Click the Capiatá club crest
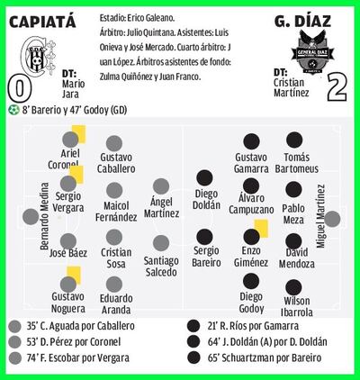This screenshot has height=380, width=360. click(x=38, y=57)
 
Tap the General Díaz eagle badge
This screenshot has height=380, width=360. click(x=312, y=51)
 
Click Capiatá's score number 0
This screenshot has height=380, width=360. click(x=20, y=89)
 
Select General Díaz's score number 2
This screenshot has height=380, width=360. click(x=337, y=86)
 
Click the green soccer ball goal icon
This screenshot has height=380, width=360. click(x=13, y=110)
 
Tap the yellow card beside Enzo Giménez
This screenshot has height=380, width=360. click(x=261, y=229)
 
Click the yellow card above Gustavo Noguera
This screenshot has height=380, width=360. click(x=74, y=275)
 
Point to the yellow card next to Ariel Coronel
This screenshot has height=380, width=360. click(x=79, y=134)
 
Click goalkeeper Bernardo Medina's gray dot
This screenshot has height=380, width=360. click(x=31, y=217)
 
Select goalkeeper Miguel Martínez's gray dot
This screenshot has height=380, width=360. click(x=332, y=219)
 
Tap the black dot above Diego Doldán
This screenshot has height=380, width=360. click(x=204, y=177)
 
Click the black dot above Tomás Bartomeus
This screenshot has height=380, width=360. click(x=294, y=140)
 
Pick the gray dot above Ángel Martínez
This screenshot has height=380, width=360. click(x=161, y=186)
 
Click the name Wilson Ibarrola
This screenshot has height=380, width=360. click(x=297, y=306)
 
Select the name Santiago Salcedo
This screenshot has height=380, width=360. click(x=161, y=267)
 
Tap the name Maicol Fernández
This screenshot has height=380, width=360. click(x=116, y=212)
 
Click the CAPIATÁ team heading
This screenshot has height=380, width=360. click(x=42, y=22)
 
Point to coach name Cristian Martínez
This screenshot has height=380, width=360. click(x=291, y=87)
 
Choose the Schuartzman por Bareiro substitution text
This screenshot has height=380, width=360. click(x=265, y=357)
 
